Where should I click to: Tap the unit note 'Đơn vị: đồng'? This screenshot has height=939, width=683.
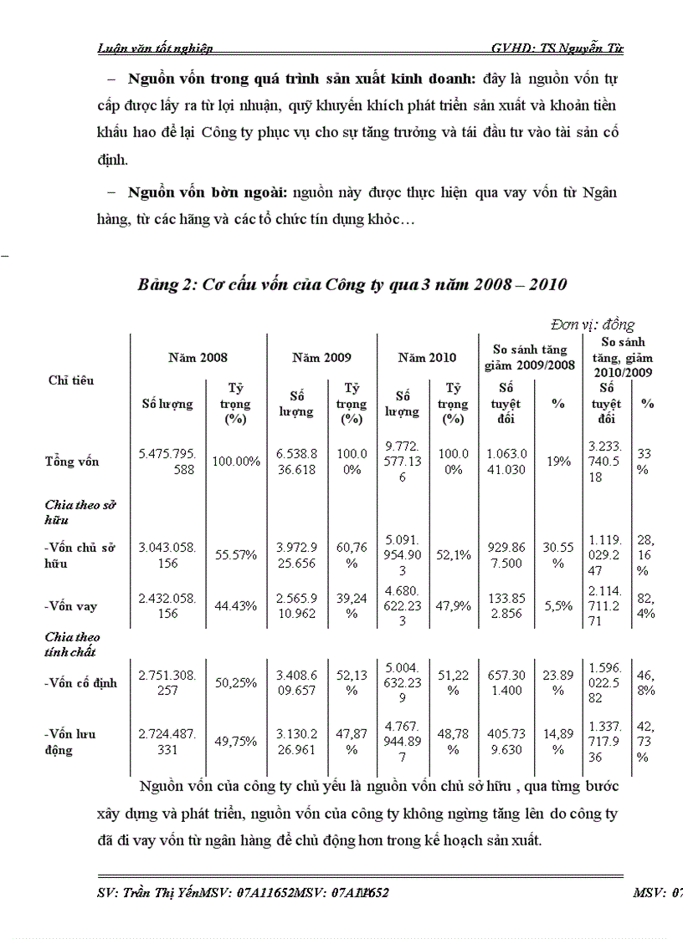593,324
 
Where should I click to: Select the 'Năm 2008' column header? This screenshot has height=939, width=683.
198,357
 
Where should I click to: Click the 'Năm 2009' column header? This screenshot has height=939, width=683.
321,357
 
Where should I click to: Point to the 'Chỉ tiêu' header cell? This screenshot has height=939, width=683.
71,380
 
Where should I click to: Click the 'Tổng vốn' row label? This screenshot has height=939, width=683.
72,462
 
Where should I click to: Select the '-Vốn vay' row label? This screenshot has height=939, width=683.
70,606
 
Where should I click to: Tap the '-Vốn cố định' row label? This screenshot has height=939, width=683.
81,682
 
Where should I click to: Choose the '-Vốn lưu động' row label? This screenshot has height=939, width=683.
70,742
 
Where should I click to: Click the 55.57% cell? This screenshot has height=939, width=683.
234,554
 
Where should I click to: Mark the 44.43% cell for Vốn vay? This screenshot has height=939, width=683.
234,606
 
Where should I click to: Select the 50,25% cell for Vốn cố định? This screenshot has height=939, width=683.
234,682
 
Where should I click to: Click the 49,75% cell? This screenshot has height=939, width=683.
234,742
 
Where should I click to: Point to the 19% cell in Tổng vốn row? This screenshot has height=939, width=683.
558,461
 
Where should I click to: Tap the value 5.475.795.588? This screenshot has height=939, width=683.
167,462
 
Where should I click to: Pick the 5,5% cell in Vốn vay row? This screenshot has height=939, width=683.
558,606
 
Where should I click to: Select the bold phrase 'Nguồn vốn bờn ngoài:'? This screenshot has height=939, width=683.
207,192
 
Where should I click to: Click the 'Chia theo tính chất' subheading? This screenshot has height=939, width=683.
72,645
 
